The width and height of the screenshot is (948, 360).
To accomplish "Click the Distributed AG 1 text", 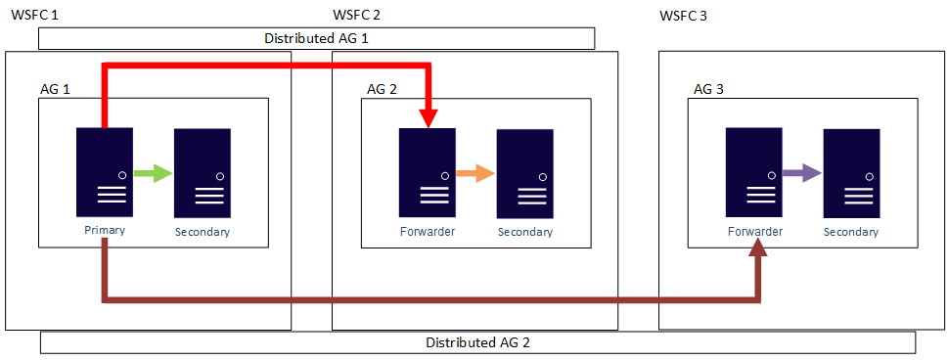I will [x=316, y=38].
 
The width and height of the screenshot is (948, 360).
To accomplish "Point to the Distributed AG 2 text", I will [x=477, y=342].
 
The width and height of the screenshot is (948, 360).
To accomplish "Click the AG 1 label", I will [x=55, y=89].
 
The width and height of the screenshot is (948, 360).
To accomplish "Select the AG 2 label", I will [x=382, y=89].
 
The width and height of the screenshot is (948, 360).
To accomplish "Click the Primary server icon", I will [x=105, y=172].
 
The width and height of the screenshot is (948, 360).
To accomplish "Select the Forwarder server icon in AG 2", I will [x=427, y=172].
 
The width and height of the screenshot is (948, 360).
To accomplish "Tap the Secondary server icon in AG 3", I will [x=851, y=172].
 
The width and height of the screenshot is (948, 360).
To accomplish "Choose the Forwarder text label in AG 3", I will [x=753, y=232].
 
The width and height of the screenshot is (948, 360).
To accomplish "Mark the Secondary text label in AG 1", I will [x=203, y=232].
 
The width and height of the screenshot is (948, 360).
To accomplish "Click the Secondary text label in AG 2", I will [x=524, y=232].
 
